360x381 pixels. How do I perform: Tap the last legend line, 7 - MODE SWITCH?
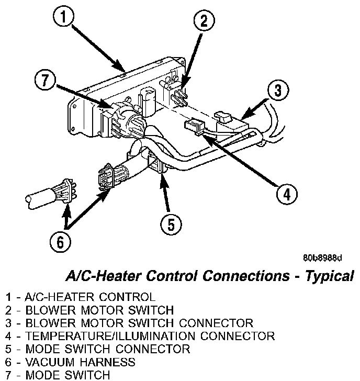click(58, 375)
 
